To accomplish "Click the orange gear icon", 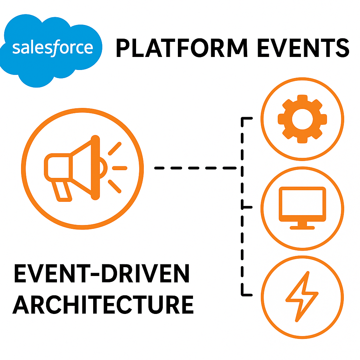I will click(x=302, y=119).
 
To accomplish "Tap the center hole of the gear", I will click(x=302, y=119).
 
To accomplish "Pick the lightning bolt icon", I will click(x=302, y=296).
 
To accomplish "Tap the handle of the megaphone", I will click(x=62, y=192).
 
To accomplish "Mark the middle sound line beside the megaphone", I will click(x=119, y=168).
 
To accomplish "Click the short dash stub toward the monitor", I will click(x=247, y=207).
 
